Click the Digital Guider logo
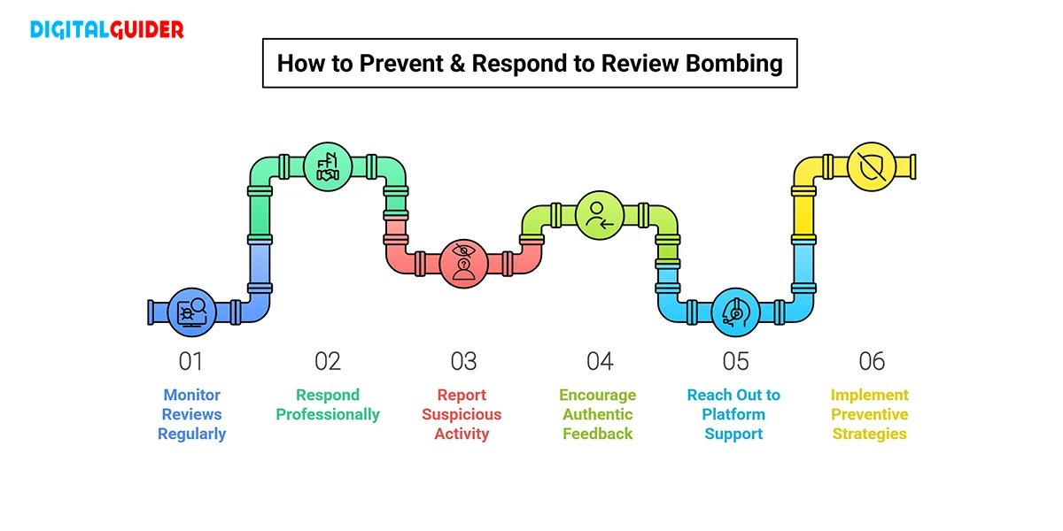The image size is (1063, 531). pyautogui.click(x=107, y=30)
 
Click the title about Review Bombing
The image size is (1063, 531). pyautogui.click(x=530, y=64)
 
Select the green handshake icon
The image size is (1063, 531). pyautogui.click(x=328, y=166)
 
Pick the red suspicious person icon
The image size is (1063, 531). pyautogui.click(x=463, y=262)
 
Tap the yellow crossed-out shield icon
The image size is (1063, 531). pyautogui.click(x=872, y=166)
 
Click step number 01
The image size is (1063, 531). pyautogui.click(x=191, y=361)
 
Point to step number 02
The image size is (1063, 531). pyautogui.click(x=328, y=361)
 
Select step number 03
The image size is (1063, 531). pyautogui.click(x=463, y=361)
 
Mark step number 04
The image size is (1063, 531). pyautogui.click(x=600, y=361)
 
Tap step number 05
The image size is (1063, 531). pyautogui.click(x=735, y=361)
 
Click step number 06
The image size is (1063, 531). pyautogui.click(x=872, y=361)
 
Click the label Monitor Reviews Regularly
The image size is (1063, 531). pyautogui.click(x=191, y=414)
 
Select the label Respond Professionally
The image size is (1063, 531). pyautogui.click(x=328, y=404)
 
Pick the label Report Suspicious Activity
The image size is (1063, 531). pyautogui.click(x=462, y=414)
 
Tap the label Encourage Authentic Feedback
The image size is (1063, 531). pyautogui.click(x=598, y=414)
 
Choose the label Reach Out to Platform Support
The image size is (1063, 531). pyautogui.click(x=733, y=414)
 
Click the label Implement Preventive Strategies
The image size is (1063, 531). pyautogui.click(x=869, y=414)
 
